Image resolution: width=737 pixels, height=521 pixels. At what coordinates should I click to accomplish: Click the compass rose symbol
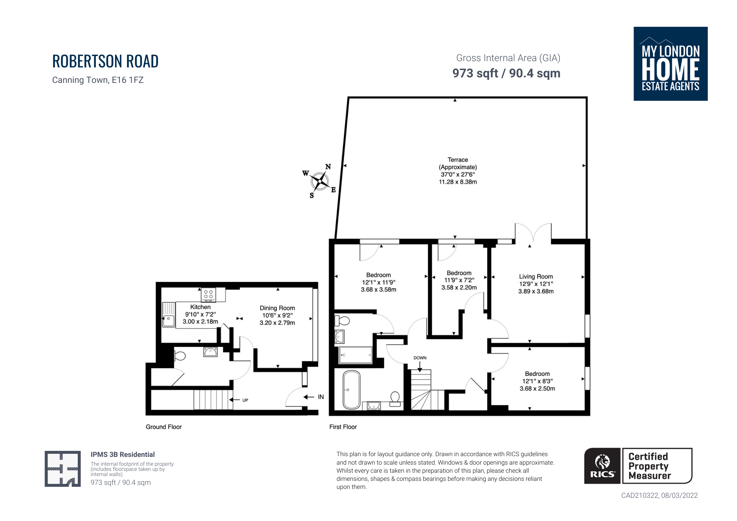point(319,181)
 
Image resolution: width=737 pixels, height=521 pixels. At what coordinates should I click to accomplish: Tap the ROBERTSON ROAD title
point(105,61)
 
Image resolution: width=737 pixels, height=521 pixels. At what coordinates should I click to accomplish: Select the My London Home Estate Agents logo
point(671,64)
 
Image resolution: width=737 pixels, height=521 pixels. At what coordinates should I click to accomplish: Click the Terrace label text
point(458,160)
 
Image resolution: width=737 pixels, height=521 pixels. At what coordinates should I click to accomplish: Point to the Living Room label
point(536,276)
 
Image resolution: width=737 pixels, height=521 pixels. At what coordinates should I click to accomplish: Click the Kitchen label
point(200,307)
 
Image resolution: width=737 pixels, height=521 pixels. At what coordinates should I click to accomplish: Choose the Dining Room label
point(277,308)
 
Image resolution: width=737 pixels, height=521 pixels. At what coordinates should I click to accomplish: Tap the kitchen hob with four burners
point(208,295)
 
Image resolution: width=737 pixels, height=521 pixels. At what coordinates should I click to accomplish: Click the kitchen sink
point(169,314)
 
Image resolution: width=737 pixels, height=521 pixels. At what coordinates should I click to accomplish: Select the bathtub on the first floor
point(352,390)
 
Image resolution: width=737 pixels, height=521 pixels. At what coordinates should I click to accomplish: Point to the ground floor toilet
point(179,356)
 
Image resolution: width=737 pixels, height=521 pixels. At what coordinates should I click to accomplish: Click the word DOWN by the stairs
point(420,358)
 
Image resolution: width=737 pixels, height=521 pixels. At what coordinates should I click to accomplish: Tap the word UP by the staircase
point(245,400)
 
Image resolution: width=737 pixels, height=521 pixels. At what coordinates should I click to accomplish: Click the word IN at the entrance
point(321,397)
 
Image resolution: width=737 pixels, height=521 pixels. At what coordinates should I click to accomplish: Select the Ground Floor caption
point(164,427)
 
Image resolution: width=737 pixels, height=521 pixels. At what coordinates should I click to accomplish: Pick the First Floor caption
point(343,427)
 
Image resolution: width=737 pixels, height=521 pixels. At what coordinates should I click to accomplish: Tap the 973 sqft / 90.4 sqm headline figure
point(506,73)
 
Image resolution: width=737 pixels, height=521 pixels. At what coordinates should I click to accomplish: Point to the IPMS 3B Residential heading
point(123,455)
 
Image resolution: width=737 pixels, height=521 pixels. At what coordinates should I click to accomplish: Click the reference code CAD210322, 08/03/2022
point(660,496)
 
